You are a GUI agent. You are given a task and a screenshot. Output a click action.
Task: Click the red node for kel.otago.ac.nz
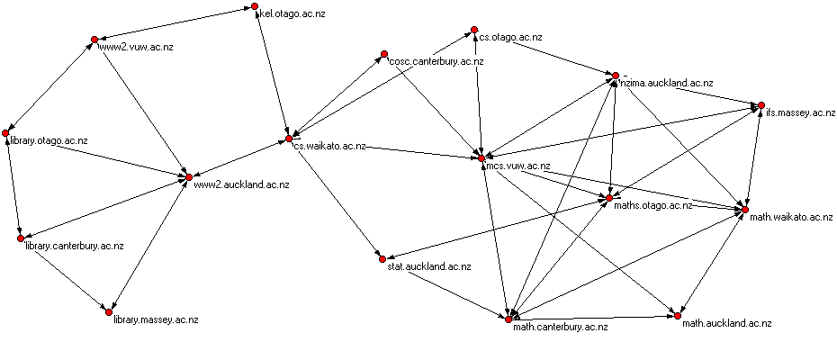pyautogui.click(x=254, y=9)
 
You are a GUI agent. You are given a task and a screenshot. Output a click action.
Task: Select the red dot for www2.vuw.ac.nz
pyautogui.click(x=94, y=39)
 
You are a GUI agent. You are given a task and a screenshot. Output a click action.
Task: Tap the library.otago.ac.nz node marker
pyautogui.click(x=5, y=132)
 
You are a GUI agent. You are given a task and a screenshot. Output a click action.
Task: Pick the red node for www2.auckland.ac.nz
pyautogui.click(x=188, y=176)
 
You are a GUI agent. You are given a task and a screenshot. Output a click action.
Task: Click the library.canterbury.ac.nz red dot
pyautogui.click(x=19, y=238)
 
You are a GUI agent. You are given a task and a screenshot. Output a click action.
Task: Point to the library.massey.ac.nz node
pyautogui.click(x=109, y=311)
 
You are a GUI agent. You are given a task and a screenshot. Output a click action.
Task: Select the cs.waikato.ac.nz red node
pyautogui.click(x=289, y=139)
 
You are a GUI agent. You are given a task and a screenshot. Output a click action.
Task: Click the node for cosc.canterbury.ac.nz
pyautogui.click(x=383, y=54)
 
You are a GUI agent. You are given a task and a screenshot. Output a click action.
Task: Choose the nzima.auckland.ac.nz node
pyautogui.click(x=616, y=76)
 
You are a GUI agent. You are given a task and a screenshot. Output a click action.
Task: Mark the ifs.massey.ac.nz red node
pyautogui.click(x=760, y=104)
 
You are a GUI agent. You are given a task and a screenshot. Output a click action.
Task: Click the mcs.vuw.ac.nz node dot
pyautogui.click(x=481, y=158)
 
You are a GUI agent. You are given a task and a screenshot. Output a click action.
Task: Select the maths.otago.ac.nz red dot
pyautogui.click(x=609, y=197)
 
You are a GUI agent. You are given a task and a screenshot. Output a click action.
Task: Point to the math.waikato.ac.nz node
pyautogui.click(x=743, y=210)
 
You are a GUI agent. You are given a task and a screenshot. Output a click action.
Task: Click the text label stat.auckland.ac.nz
pyautogui.click(x=428, y=267)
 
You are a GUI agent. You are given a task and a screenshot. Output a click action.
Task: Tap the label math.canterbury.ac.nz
pyautogui.click(x=560, y=327)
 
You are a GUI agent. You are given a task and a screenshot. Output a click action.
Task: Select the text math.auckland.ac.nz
pyautogui.click(x=726, y=322)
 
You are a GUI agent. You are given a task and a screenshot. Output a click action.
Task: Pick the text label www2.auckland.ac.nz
pyautogui.click(x=241, y=184)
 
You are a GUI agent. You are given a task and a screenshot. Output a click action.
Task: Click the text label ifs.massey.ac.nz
pyautogui.click(x=801, y=112)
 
